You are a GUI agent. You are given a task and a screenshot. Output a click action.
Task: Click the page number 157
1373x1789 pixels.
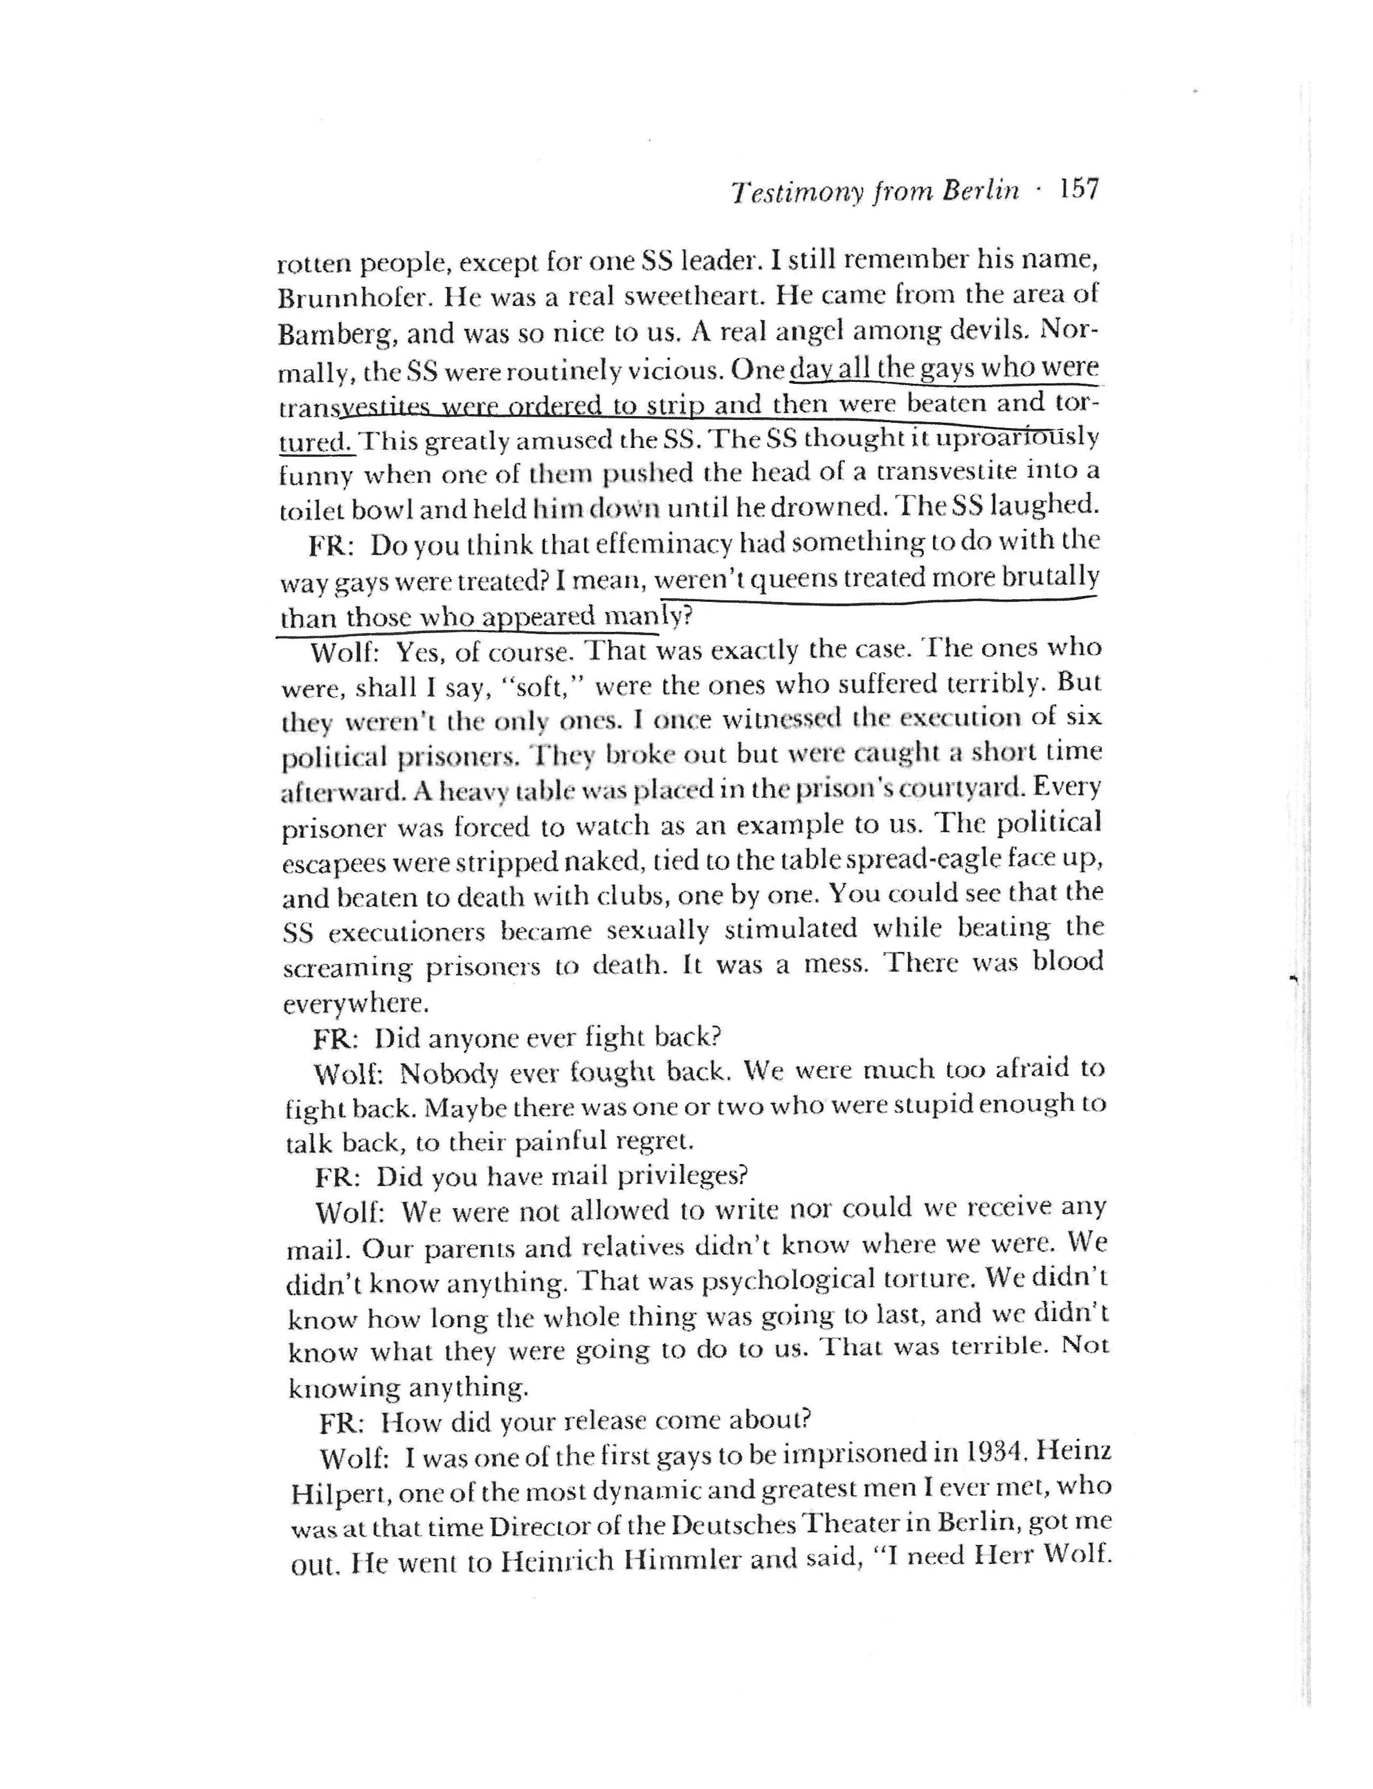point(1079,191)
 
